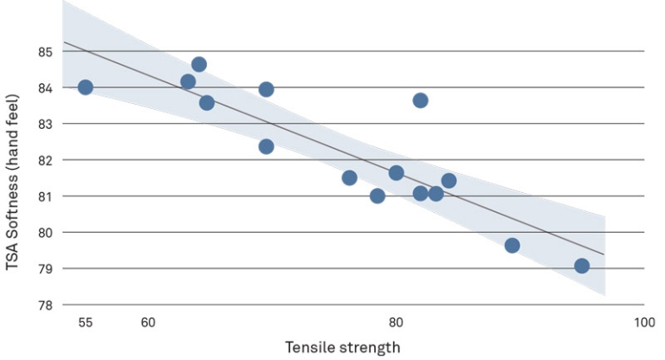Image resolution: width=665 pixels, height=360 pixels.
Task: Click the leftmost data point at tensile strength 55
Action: (x=85, y=87)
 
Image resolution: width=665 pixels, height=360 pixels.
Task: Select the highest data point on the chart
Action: (x=199, y=64)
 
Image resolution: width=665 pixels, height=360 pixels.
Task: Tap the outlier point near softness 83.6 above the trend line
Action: (x=420, y=100)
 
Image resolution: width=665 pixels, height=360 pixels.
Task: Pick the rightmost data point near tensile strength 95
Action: (x=582, y=266)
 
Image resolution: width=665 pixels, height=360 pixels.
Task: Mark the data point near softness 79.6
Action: (x=512, y=246)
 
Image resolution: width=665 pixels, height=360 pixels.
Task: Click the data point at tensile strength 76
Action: (x=350, y=177)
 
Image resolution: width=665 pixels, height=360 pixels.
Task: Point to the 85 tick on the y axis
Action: (x=45, y=52)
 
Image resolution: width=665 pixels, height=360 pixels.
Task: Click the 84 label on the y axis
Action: (x=45, y=88)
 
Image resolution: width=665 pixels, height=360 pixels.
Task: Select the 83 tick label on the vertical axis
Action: (x=45, y=125)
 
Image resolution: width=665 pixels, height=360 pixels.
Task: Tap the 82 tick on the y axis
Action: (x=45, y=160)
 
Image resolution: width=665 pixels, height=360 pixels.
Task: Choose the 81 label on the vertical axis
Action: (x=45, y=196)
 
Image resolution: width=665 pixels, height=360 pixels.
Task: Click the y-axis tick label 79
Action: (x=45, y=269)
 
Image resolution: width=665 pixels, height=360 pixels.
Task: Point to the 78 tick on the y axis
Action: (x=45, y=305)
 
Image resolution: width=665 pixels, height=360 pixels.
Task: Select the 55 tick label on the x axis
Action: (x=85, y=323)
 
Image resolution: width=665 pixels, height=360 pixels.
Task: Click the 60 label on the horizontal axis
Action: (x=148, y=323)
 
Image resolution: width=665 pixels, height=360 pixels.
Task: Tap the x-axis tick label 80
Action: (x=396, y=323)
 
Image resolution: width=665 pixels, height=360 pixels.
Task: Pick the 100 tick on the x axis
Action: (x=644, y=323)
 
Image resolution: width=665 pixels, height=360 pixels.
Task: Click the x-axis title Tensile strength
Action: (x=343, y=348)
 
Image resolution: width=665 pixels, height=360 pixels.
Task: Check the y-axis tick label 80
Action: (x=45, y=233)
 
